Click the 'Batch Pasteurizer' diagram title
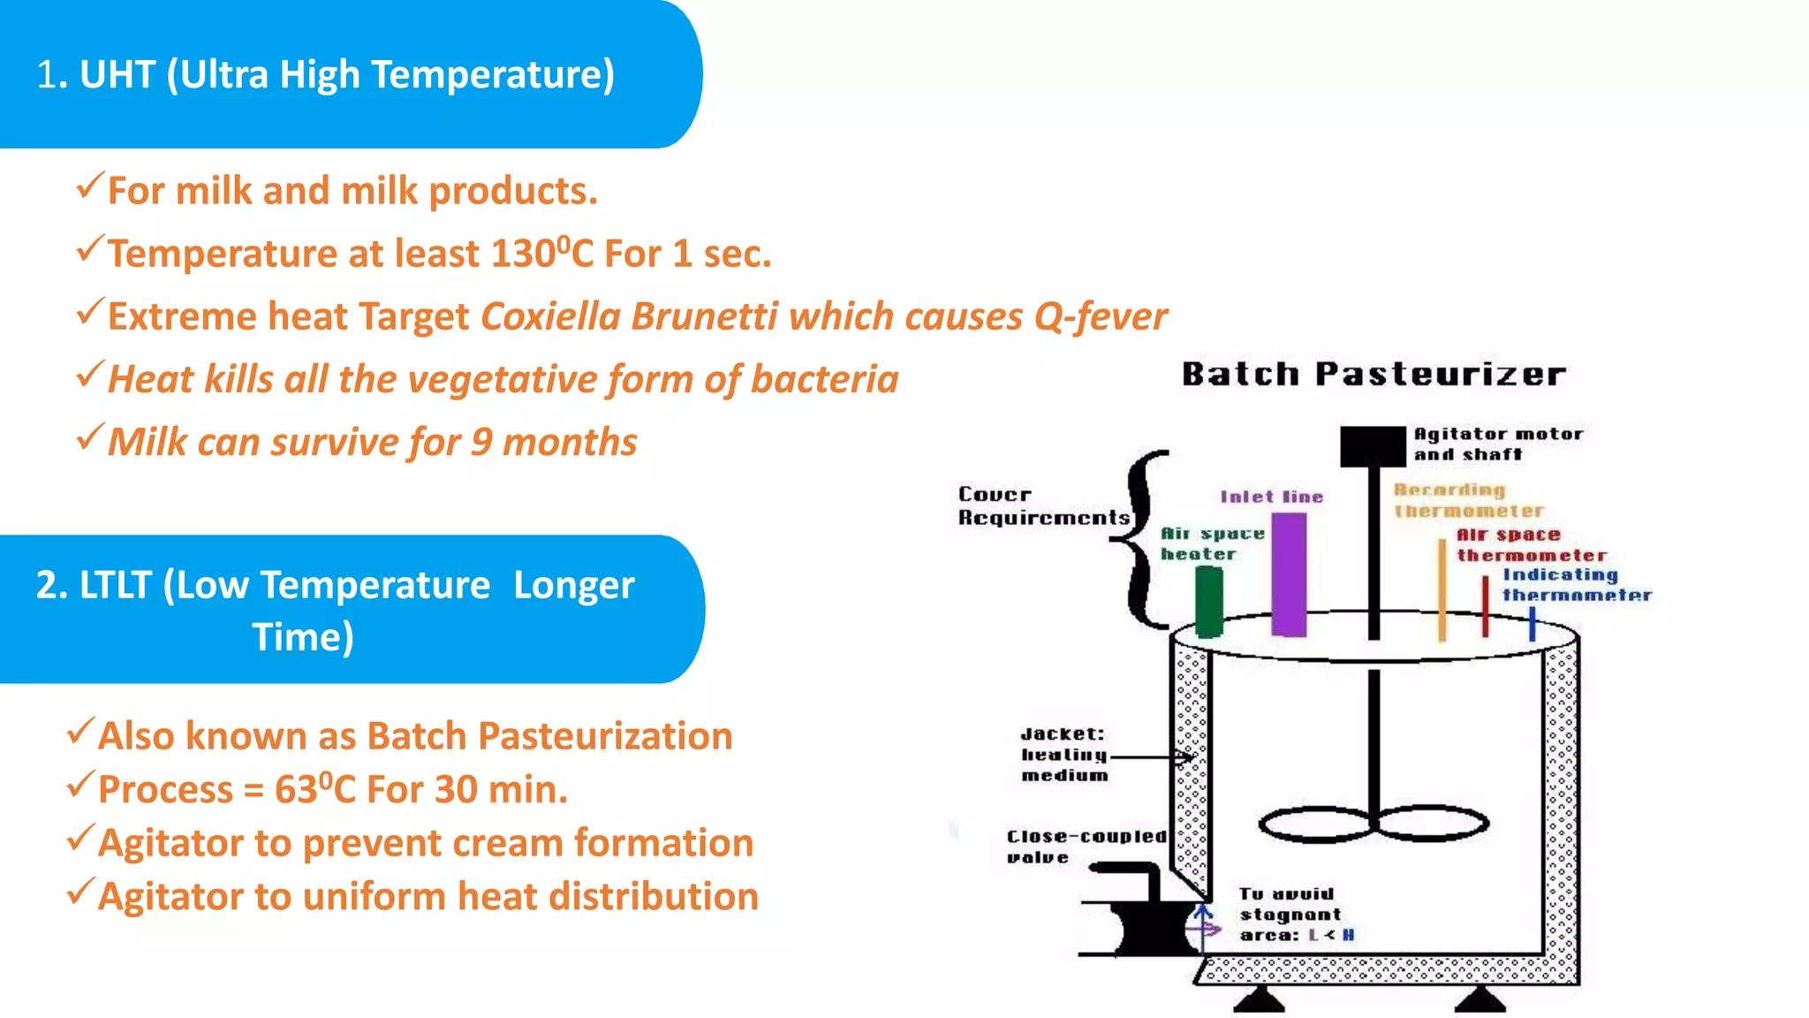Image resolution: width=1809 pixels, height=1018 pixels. (x=1374, y=375)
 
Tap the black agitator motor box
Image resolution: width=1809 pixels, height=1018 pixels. (x=1372, y=446)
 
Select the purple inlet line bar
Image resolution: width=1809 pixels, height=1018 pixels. (x=1289, y=574)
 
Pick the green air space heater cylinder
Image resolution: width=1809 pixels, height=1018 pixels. (x=1209, y=601)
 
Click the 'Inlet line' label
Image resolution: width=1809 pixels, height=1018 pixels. (x=1272, y=497)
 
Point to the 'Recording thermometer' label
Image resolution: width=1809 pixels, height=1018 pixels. (x=1468, y=500)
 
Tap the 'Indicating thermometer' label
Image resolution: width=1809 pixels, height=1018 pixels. (x=1576, y=585)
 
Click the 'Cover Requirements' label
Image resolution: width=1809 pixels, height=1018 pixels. (x=1042, y=505)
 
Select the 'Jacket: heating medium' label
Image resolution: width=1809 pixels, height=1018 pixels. (x=1064, y=755)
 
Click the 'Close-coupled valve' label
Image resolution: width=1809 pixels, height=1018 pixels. (x=1085, y=846)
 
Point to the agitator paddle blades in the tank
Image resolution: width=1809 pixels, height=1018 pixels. (x=1374, y=824)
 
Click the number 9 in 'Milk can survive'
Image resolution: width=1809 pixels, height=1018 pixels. (x=481, y=442)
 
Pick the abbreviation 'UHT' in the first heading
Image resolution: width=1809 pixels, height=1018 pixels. (x=117, y=74)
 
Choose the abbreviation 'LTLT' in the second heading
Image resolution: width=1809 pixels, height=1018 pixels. (x=116, y=585)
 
